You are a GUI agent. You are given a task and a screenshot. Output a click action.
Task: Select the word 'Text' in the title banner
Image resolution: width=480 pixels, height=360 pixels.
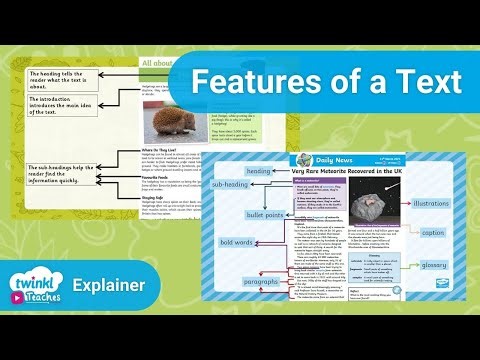pyautogui.click(x=424, y=80)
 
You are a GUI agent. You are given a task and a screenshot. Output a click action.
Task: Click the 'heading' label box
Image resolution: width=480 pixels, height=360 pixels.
pyautogui.click(x=259, y=172)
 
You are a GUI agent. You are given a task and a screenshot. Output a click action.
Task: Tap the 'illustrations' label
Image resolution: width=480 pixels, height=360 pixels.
pyautogui.click(x=431, y=204)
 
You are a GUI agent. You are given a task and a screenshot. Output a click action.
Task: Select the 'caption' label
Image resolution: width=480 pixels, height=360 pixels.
pyautogui.click(x=432, y=232)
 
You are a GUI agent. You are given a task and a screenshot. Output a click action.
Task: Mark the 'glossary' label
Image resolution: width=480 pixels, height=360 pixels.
pyautogui.click(x=434, y=265)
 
